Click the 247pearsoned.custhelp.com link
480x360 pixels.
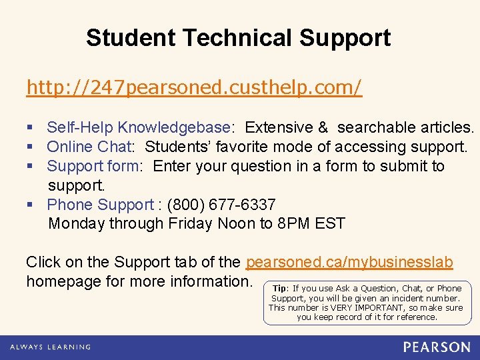pyautogui.click(x=194, y=87)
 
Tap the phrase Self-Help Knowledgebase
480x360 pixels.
pyautogui.click(x=139, y=127)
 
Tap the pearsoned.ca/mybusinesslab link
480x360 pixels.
pyautogui.click(x=349, y=263)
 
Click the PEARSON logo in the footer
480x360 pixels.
pyautogui.click(x=437, y=347)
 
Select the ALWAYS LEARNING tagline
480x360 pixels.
pyautogui.click(x=50, y=347)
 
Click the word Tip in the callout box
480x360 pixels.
pyautogui.click(x=279, y=289)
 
